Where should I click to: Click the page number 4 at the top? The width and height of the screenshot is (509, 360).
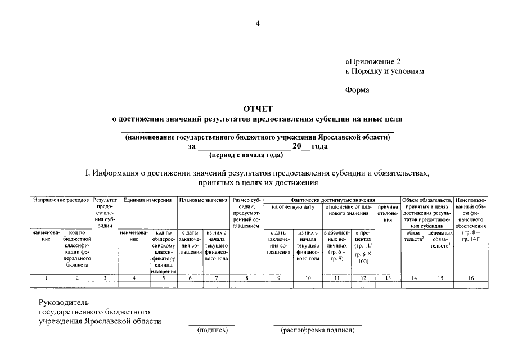pos(258,23)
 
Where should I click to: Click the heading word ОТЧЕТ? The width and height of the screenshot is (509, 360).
pos(258,109)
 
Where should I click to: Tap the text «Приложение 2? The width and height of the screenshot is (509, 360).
pos(375,61)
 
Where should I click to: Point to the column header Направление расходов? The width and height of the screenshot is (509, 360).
pos(61,200)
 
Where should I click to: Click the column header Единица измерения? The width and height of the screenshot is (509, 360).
pos(147,200)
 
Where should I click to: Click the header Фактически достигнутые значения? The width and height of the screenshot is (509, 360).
pos(333,200)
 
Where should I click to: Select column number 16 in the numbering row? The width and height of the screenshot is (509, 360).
pos(471,278)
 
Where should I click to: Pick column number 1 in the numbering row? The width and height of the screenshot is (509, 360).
pos(46,278)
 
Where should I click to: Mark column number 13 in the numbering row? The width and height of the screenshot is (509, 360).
pos(388,278)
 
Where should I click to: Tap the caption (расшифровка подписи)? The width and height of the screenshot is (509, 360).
pos(318,330)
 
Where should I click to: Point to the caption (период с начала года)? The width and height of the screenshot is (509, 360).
pos(245,155)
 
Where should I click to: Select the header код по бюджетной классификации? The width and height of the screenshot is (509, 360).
pos(77,247)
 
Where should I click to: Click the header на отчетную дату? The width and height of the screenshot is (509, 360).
pos(292,207)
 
